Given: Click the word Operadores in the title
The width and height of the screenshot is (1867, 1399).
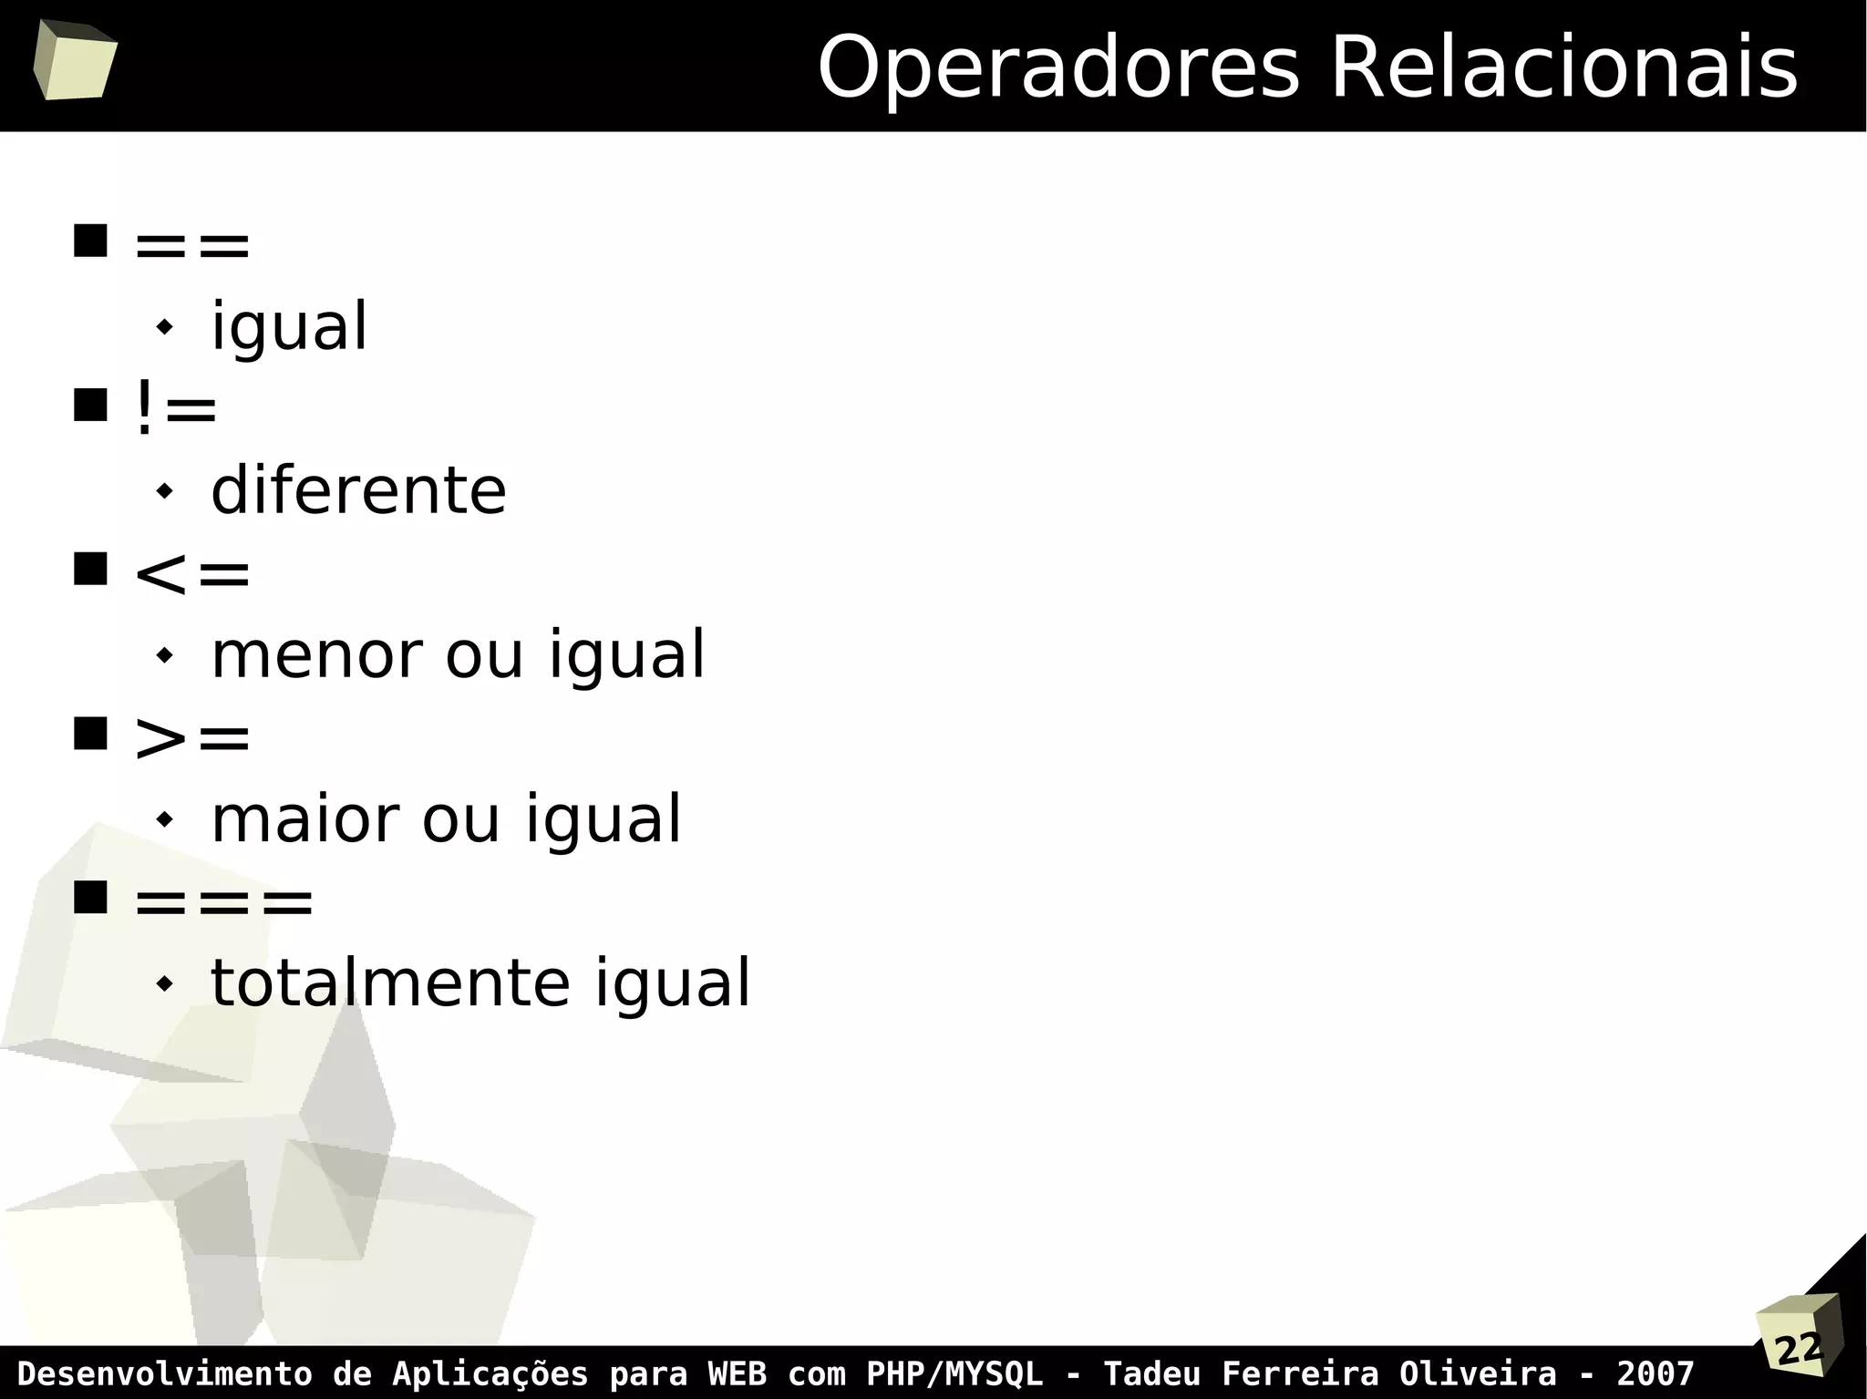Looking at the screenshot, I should pyautogui.click(x=1057, y=69).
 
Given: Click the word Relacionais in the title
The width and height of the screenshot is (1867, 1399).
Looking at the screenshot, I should pyautogui.click(x=1563, y=69).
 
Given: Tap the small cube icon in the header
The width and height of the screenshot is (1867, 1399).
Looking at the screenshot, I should pyautogui.click(x=75, y=60).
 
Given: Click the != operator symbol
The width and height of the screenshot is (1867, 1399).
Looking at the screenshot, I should pyautogui.click(x=176, y=409).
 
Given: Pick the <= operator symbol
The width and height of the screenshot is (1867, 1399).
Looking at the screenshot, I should pyautogui.click(x=191, y=574).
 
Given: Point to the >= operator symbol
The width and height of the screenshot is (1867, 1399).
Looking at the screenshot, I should pyautogui.click(x=191, y=737).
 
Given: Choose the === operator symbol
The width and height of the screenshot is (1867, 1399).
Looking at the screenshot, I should pyautogui.click(x=223, y=902).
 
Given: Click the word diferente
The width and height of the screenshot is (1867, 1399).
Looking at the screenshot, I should pyautogui.click(x=358, y=490).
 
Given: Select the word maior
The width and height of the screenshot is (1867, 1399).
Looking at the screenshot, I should pyautogui.click(x=304, y=818).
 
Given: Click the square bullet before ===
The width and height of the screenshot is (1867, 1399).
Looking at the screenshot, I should pyautogui.click(x=90, y=897).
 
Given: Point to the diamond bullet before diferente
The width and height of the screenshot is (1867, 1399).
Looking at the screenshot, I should pyautogui.click(x=164, y=491).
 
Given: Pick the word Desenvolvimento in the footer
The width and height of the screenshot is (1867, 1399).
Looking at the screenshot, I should pyautogui.click(x=164, y=1373).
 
